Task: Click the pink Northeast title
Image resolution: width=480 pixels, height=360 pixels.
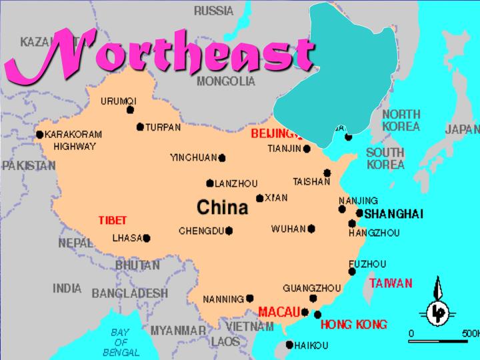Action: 160,52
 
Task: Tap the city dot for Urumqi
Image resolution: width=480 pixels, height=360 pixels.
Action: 130,110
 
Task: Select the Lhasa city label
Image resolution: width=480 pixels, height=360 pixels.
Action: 127,237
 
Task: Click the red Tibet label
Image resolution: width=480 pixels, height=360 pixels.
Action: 112,220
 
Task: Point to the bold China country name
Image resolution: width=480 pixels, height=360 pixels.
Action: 223,207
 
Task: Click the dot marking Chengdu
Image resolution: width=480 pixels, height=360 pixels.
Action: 229,231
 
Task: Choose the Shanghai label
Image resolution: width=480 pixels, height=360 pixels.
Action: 394,213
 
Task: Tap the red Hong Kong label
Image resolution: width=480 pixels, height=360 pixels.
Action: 353,325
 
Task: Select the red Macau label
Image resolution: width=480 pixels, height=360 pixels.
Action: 278,311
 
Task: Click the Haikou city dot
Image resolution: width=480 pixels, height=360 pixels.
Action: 289,345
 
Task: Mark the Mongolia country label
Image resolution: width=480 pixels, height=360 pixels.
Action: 226,81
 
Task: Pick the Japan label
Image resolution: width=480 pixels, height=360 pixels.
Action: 461,129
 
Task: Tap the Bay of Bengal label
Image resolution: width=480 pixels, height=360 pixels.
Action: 121,342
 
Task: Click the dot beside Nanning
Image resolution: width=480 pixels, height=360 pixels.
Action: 250,298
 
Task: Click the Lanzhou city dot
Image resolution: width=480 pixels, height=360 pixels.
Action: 210,183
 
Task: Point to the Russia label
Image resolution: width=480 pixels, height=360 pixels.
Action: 213,11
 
